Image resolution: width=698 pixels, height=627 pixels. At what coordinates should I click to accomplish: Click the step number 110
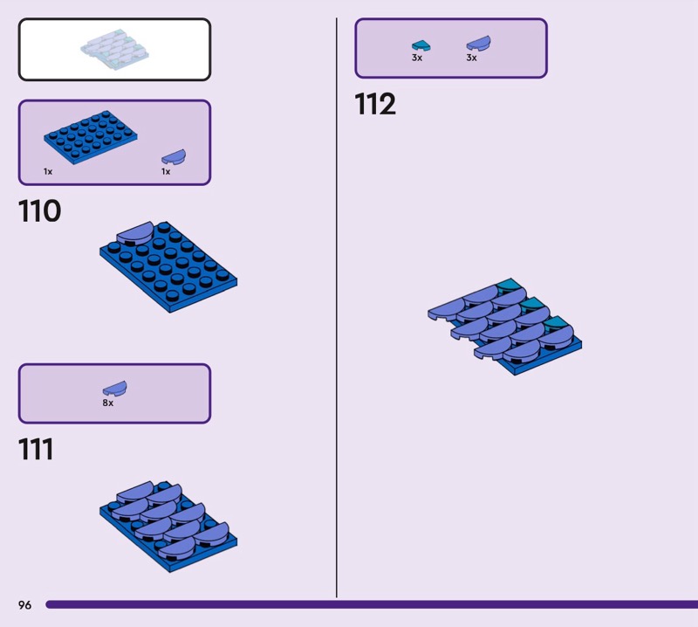coord(39,211)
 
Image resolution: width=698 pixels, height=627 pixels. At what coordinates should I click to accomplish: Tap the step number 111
coord(36,450)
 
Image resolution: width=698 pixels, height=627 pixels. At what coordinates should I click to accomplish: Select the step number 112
coord(375,105)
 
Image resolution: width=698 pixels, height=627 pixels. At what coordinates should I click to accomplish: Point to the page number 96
coord(24,604)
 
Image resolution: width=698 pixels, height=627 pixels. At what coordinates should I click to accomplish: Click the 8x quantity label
coord(107,403)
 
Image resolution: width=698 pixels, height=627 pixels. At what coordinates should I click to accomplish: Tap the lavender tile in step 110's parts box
coord(173,157)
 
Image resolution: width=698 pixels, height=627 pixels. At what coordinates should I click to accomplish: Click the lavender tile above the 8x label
coord(114,388)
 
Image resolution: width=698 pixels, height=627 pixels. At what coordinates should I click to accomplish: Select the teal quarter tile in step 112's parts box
coord(421,45)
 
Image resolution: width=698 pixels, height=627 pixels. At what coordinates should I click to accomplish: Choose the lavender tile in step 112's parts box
coord(477,43)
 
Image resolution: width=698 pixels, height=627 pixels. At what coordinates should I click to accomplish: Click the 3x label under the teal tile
coord(417,58)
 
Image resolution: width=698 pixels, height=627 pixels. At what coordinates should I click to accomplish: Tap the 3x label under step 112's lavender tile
coord(471,58)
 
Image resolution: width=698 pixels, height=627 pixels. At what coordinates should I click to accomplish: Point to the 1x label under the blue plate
coord(48,172)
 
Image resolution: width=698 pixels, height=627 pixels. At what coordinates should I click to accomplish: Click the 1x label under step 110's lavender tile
coord(166,172)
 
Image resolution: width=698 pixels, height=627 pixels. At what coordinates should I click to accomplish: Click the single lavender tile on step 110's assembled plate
coord(133,231)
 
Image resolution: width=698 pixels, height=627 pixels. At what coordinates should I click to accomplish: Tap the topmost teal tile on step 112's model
coord(508,285)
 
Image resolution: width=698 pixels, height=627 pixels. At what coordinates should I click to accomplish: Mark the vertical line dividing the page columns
coord(337,306)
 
